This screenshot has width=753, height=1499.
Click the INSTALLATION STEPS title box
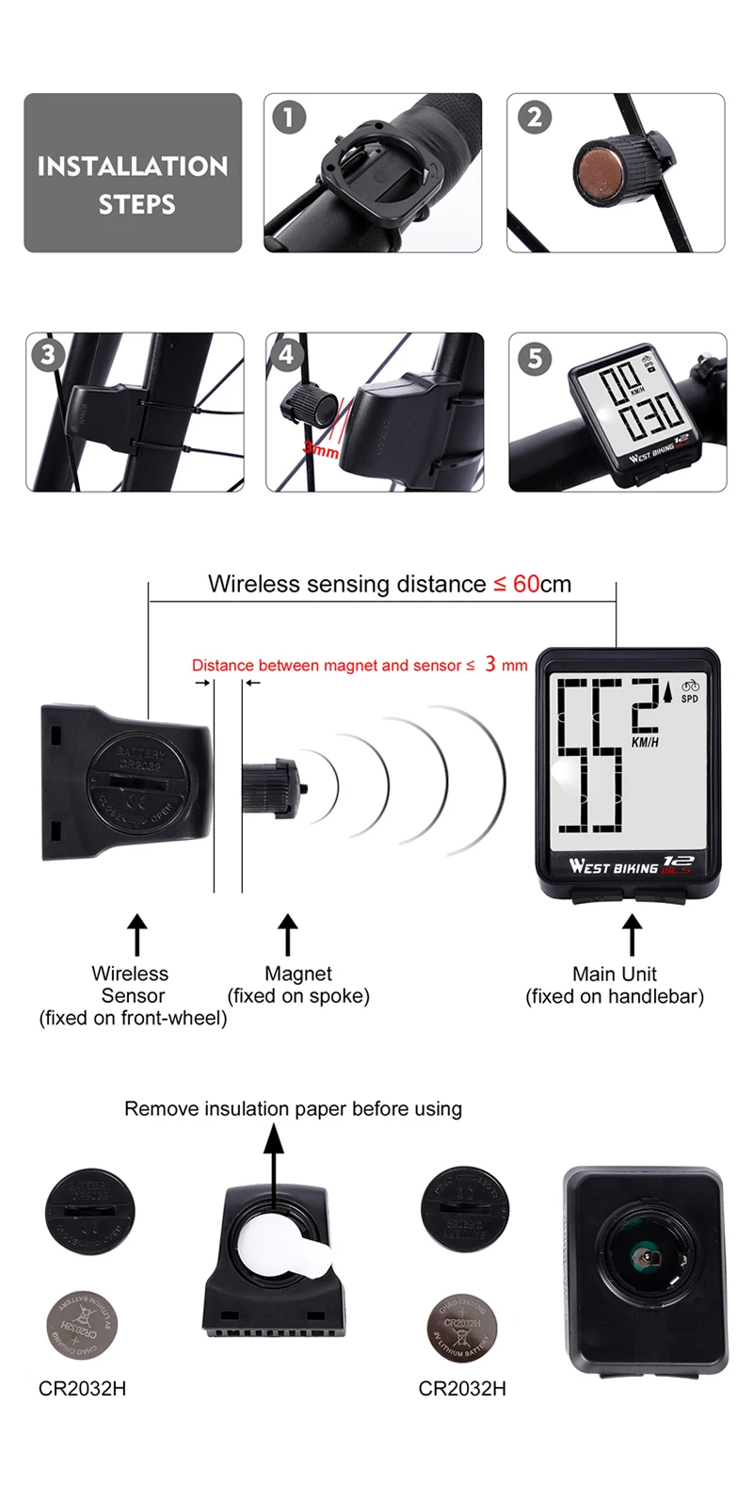click(133, 173)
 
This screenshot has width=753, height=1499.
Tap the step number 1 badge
click(289, 118)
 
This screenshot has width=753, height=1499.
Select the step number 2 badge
click(534, 118)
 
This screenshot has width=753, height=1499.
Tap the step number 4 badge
click(287, 355)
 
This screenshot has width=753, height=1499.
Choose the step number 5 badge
click(534, 358)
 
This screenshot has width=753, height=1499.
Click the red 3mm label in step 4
click(321, 451)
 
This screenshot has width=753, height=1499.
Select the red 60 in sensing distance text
click(526, 584)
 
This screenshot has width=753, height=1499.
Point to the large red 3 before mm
click(490, 664)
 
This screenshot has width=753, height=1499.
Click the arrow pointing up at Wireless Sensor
click(137, 935)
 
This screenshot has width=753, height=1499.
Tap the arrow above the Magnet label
click(288, 935)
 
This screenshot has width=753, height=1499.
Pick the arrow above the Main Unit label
click(632, 935)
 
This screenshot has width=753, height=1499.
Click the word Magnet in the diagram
click(298, 974)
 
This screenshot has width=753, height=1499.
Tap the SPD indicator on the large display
click(690, 698)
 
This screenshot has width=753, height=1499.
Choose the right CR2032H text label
click(462, 1389)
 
